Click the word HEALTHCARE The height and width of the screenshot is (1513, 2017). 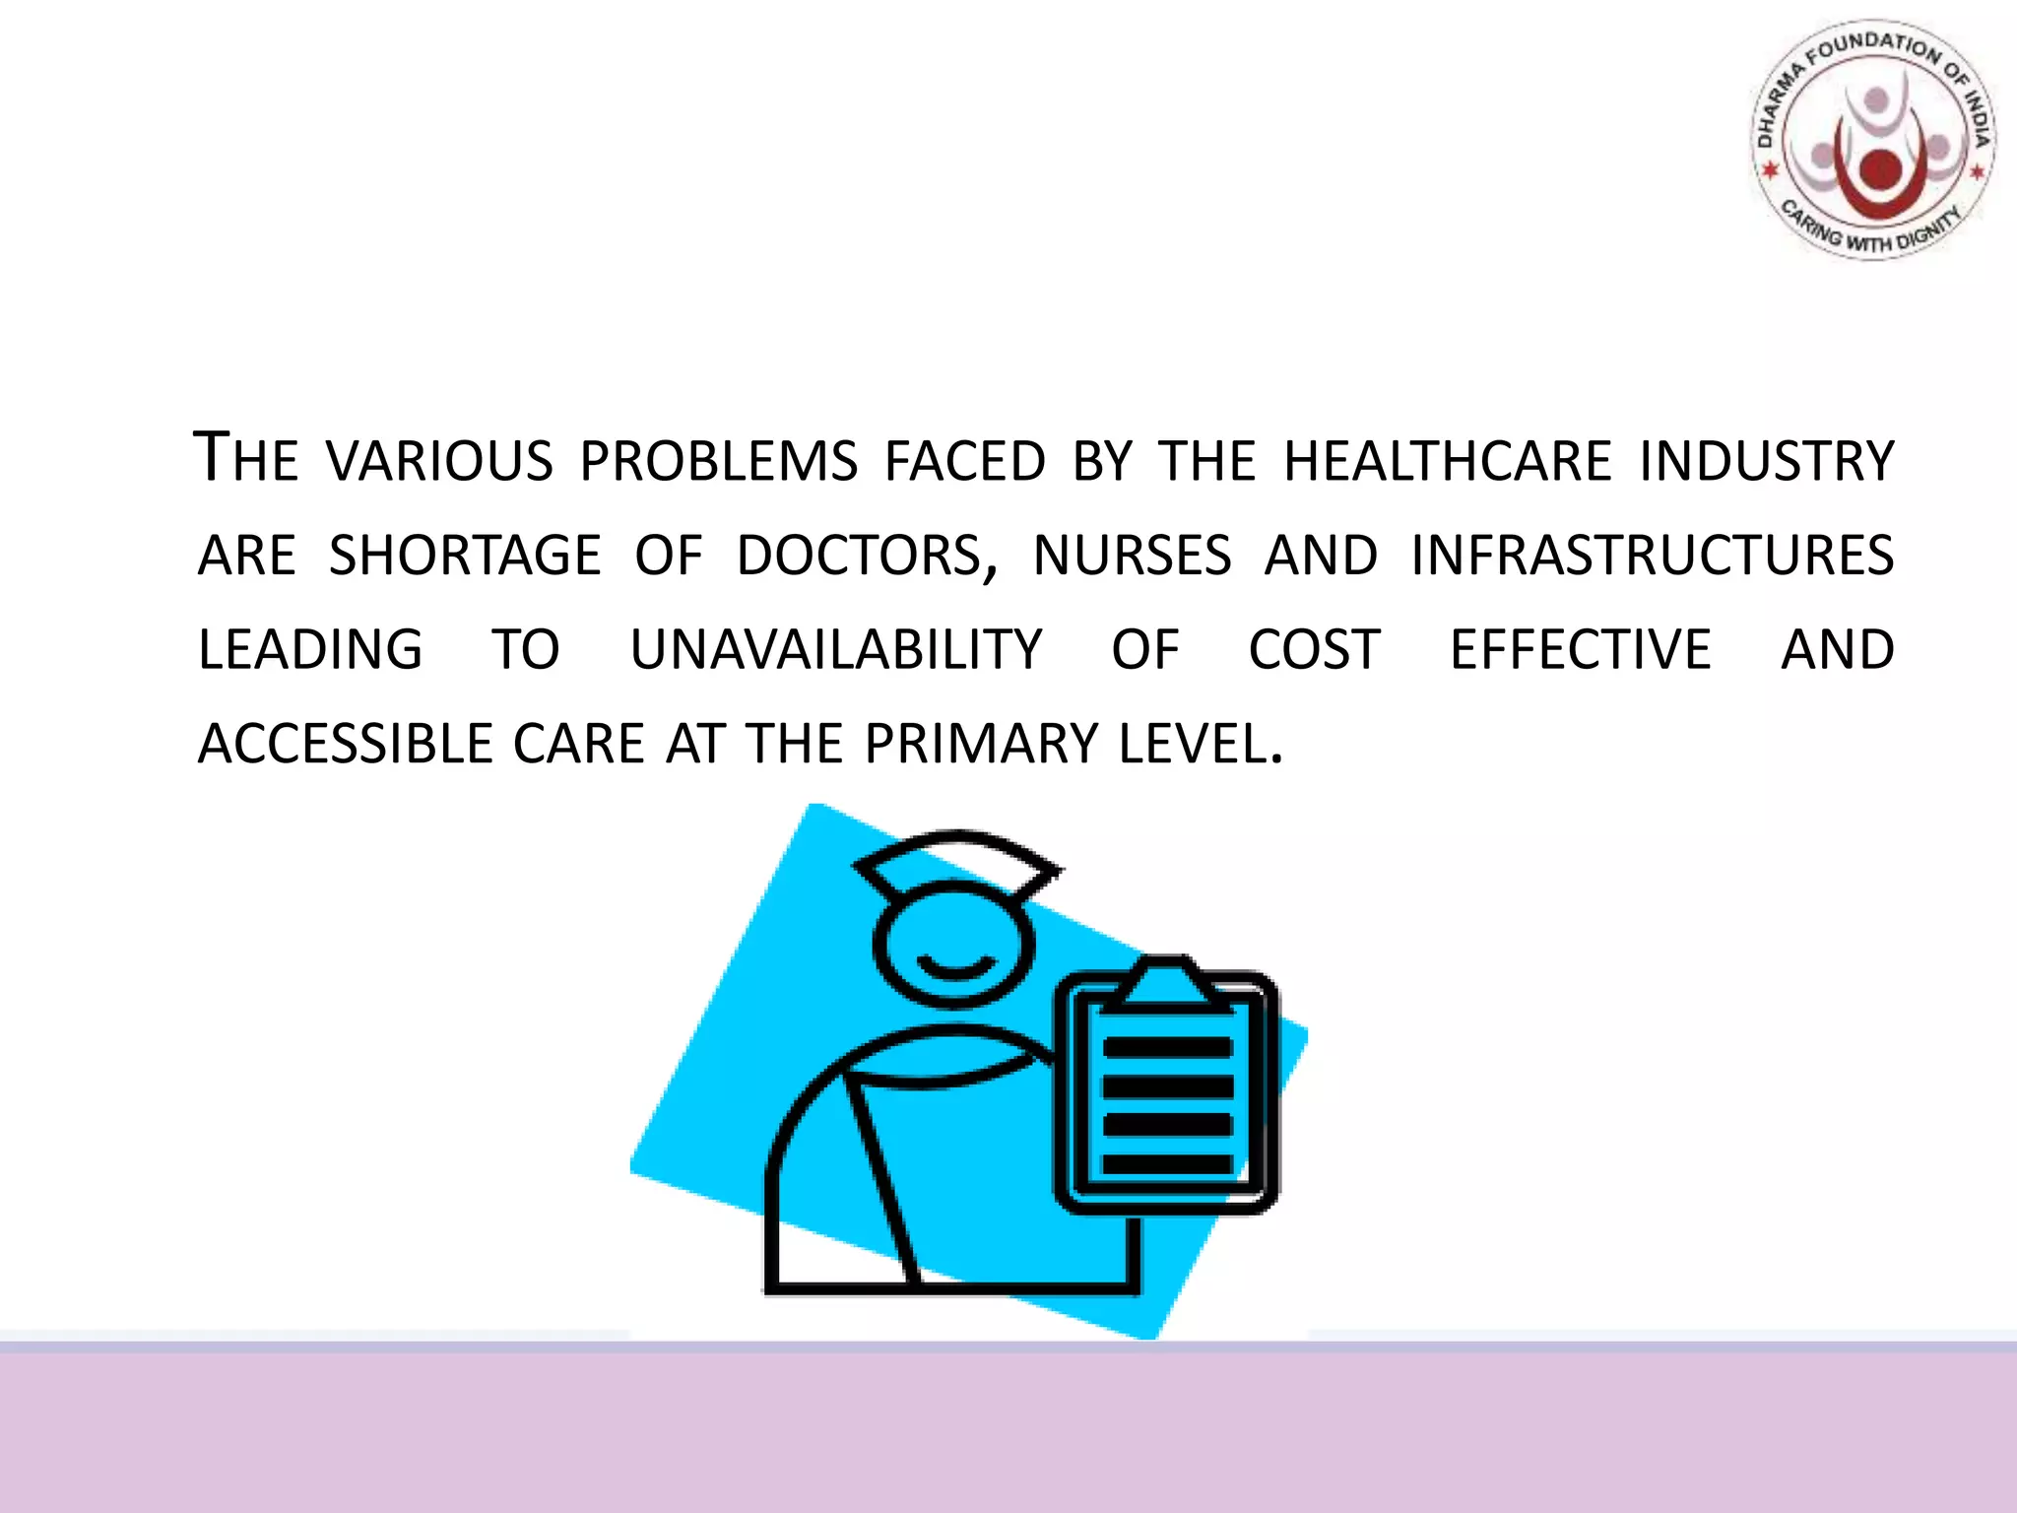pyautogui.click(x=1448, y=461)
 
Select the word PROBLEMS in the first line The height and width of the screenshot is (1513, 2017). pyautogui.click(x=719, y=461)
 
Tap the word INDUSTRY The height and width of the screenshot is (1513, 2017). pyautogui.click(x=1767, y=461)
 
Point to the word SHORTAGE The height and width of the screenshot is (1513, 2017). pyautogui.click(x=464, y=556)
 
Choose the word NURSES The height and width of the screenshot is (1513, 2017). pyautogui.click(x=1133, y=556)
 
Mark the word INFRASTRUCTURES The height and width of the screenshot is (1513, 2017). pyautogui.click(x=1653, y=556)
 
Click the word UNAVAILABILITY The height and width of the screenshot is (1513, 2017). pyautogui.click(x=836, y=650)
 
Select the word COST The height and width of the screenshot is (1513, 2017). pyautogui.click(x=1315, y=650)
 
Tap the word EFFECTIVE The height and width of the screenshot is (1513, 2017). pyautogui.click(x=1581, y=650)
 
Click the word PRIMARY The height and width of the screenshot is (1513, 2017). pyautogui.click(x=980, y=744)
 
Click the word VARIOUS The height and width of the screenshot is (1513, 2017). pyautogui.click(x=440, y=461)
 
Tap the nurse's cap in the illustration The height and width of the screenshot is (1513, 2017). pyautogui.click(x=956, y=862)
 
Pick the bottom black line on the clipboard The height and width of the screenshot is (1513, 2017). pyautogui.click(x=1167, y=1164)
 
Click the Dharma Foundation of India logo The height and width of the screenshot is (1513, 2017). pyautogui.click(x=1874, y=141)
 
